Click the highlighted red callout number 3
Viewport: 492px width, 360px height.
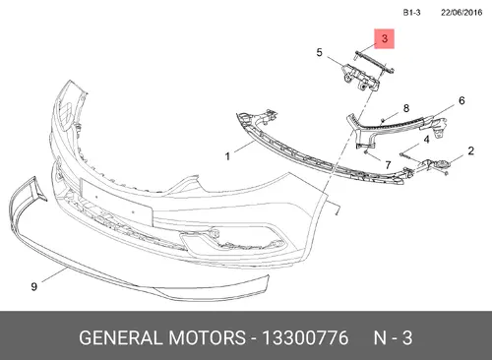pos(385,38)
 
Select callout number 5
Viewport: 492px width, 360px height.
pos(319,52)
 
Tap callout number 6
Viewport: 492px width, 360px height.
pos(461,100)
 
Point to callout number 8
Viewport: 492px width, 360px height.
pos(406,108)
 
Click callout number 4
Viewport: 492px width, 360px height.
pos(426,140)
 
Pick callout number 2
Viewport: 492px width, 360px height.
pos(470,150)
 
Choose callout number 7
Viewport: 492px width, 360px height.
pos(388,164)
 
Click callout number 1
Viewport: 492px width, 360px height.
pos(227,156)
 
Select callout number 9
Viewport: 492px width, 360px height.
pos(33,287)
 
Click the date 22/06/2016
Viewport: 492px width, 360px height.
pos(461,13)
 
